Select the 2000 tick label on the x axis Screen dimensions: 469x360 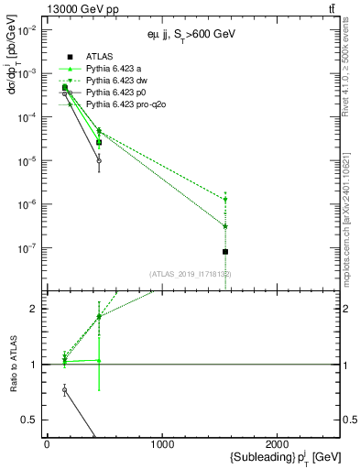tap(278, 444)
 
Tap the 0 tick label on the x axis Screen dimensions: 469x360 tap(47, 444)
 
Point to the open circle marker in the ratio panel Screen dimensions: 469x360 tap(65, 390)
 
